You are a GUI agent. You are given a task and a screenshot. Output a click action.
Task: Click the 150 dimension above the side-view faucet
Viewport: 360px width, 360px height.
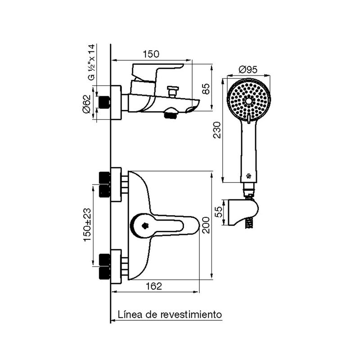point(151,54)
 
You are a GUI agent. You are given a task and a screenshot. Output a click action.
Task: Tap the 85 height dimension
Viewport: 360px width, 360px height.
point(206,89)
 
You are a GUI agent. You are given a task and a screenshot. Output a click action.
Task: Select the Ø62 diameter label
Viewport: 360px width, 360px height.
point(87,103)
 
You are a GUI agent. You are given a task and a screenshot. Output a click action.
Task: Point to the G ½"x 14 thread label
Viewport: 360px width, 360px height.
point(91,62)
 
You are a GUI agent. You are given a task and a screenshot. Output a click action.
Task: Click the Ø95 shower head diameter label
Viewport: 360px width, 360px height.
point(248,69)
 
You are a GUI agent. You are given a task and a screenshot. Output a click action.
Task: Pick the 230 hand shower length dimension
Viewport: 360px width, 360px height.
point(217,130)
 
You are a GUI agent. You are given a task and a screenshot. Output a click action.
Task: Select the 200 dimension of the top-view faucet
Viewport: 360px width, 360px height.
point(206,225)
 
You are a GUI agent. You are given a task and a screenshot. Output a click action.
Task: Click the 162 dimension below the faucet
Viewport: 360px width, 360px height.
point(154,286)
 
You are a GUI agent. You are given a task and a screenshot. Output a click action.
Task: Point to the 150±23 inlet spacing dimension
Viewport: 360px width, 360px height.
point(87,225)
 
